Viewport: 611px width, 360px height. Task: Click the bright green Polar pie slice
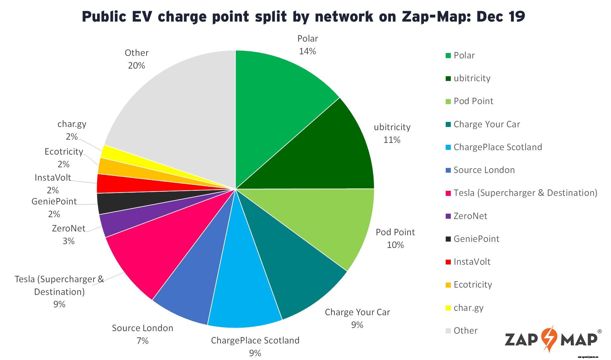point(279,105)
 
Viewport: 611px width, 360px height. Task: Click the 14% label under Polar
point(307,51)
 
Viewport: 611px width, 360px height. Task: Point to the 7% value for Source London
point(142,341)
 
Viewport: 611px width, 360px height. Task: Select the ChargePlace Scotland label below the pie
point(255,341)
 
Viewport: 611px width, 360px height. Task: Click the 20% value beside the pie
point(136,66)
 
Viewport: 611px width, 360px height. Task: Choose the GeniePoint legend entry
point(476,239)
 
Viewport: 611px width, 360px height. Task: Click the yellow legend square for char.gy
point(448,308)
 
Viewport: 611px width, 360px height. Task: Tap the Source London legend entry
point(484,170)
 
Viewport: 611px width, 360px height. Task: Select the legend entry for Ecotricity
point(473,285)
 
